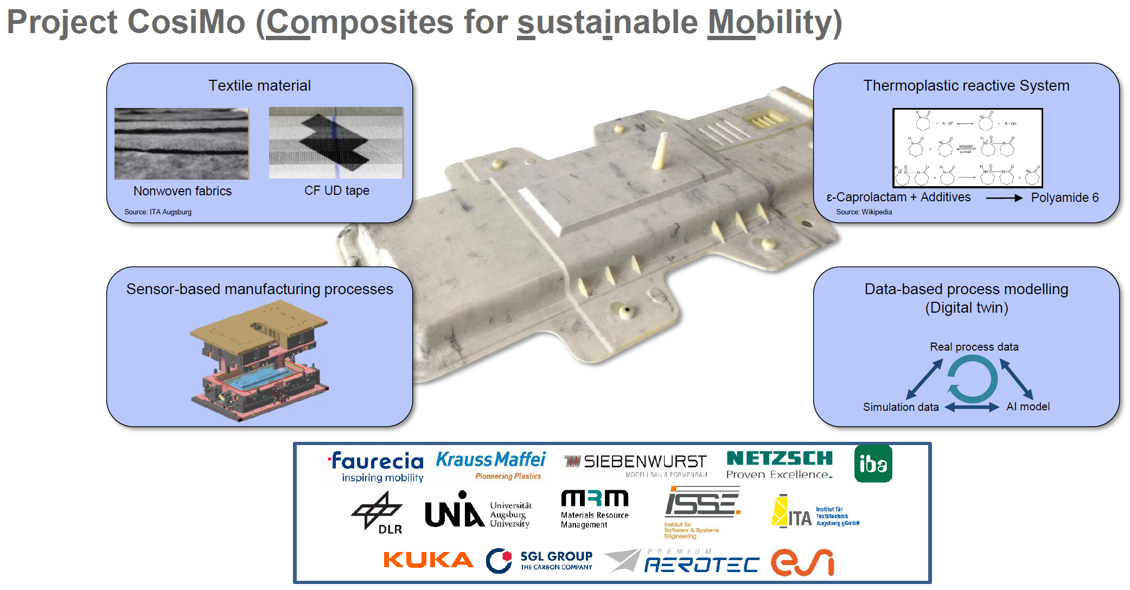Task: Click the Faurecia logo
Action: click(377, 466)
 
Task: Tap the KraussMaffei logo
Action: click(490, 465)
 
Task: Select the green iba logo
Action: click(873, 464)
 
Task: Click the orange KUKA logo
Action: click(428, 560)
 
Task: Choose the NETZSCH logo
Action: click(779, 465)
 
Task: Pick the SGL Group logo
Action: click(539, 561)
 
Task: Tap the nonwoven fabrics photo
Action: click(182, 143)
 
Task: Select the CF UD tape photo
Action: click(336, 143)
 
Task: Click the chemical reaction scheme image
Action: click(967, 148)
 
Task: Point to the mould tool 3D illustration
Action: click(259, 361)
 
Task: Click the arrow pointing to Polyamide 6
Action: click(1004, 198)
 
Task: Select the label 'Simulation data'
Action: click(901, 407)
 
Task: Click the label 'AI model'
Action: click(1027, 407)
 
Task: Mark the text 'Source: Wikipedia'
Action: click(864, 212)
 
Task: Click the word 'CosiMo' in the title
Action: click(186, 22)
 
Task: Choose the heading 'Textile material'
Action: click(259, 86)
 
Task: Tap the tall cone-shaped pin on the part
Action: click(661, 150)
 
